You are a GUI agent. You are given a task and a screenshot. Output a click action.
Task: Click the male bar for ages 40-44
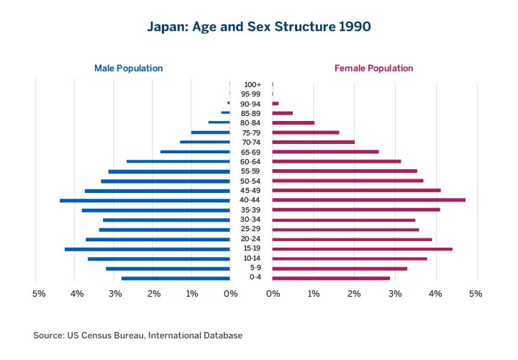tap(145, 200)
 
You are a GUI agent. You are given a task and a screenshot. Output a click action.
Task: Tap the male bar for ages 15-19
tap(147, 249)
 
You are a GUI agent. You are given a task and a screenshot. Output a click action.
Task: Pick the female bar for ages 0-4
tap(331, 278)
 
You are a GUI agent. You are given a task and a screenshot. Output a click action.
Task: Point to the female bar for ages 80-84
tap(294, 123)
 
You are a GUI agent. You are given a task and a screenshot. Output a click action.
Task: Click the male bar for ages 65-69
tap(195, 152)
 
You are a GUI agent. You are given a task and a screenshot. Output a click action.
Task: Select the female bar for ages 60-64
tap(337, 161)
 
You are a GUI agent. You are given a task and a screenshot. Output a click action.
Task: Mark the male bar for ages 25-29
tap(165, 230)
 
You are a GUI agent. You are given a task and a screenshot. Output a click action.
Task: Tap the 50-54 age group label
tap(251, 181)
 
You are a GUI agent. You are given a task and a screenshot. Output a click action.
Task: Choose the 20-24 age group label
tap(251, 239)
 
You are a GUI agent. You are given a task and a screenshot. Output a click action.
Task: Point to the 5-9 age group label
tap(251, 268)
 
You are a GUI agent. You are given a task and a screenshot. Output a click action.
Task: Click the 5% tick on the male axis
tap(40, 294)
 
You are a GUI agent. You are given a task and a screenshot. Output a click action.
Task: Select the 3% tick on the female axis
tap(394, 294)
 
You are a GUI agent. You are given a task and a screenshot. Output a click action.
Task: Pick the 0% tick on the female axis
tap(273, 294)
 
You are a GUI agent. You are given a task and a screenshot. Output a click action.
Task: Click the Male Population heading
tap(128, 68)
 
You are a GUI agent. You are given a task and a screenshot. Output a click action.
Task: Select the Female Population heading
tap(373, 68)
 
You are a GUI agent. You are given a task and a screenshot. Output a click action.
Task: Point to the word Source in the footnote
tap(49, 336)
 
